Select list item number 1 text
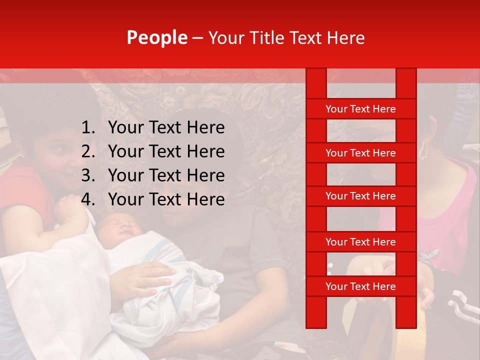(166, 128)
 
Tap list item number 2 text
(166, 151)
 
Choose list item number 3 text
(166, 175)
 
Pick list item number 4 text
(166, 199)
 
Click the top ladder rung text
(360, 109)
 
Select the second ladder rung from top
(360, 153)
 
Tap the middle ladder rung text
(360, 196)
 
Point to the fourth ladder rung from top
(360, 242)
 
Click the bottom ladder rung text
(360, 286)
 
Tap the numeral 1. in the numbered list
(88, 128)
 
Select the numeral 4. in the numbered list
(88, 199)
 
